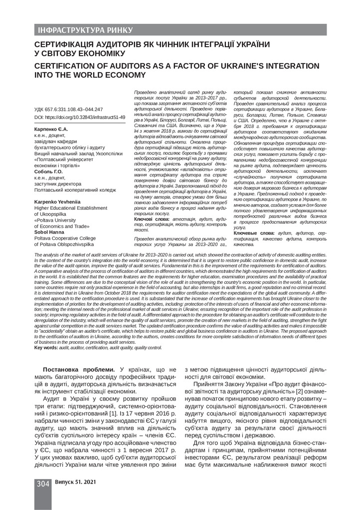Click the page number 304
click(x=42, y=484)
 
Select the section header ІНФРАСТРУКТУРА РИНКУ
click(x=84, y=30)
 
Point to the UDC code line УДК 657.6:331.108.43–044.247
click(x=68, y=110)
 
